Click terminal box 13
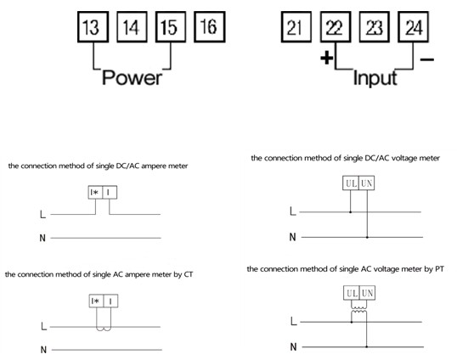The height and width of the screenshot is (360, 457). (93, 27)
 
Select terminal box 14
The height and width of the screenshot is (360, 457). (132, 27)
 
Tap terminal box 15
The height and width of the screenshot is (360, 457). (171, 27)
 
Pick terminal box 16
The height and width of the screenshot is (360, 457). (210, 27)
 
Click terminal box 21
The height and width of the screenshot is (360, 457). (296, 27)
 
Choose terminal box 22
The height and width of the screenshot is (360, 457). (336, 27)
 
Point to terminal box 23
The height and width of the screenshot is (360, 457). (375, 27)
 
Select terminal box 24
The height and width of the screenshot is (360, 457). (414, 27)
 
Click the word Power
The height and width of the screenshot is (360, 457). (132, 78)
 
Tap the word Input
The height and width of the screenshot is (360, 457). (375, 78)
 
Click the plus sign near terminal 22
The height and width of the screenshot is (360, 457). (327, 58)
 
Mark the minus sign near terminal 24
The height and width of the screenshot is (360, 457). (427, 59)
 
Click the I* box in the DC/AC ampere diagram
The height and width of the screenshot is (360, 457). (95, 192)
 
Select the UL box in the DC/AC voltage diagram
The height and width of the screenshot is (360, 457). (351, 183)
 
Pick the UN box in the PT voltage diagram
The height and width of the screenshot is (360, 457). (367, 293)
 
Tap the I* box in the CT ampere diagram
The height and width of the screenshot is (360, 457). (96, 301)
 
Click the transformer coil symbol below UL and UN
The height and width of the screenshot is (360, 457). (358, 310)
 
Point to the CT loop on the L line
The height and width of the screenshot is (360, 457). (104, 329)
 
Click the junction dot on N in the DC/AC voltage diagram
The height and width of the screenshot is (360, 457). (367, 238)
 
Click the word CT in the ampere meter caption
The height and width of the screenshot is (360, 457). (189, 274)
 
